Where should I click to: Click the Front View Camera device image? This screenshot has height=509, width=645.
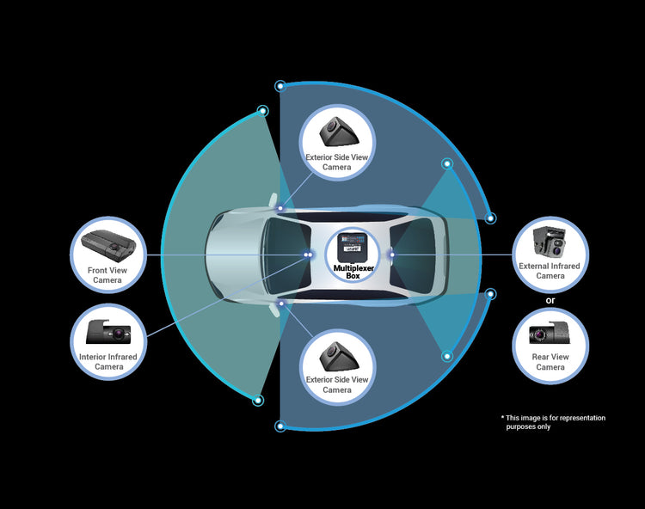click(x=107, y=244)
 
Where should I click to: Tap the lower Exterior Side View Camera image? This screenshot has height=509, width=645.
click(x=337, y=354)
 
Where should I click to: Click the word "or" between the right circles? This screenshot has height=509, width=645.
click(x=550, y=299)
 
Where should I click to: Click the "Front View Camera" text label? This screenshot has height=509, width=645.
click(x=107, y=275)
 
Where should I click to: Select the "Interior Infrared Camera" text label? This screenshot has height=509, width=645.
click(x=107, y=361)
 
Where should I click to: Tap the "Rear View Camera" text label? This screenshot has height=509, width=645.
click(x=550, y=362)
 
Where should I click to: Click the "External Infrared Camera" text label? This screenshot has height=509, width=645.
click(x=550, y=271)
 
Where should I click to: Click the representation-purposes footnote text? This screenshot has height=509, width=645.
click(x=556, y=422)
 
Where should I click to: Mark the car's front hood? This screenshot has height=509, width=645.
click(x=230, y=254)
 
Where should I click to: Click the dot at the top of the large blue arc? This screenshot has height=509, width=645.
click(x=279, y=86)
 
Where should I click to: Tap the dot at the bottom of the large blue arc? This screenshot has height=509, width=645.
click(x=279, y=426)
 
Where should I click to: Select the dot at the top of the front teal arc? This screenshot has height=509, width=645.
click(x=263, y=111)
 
